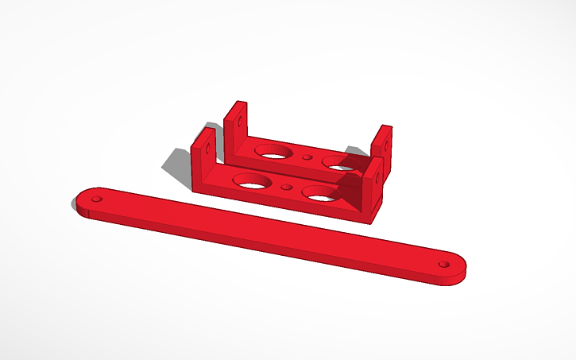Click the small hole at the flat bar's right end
pos(443,263)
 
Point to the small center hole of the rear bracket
pos(307,157)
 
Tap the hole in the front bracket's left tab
pos(209,146)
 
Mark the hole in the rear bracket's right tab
pos(387,143)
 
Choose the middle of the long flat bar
pos(270,231)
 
